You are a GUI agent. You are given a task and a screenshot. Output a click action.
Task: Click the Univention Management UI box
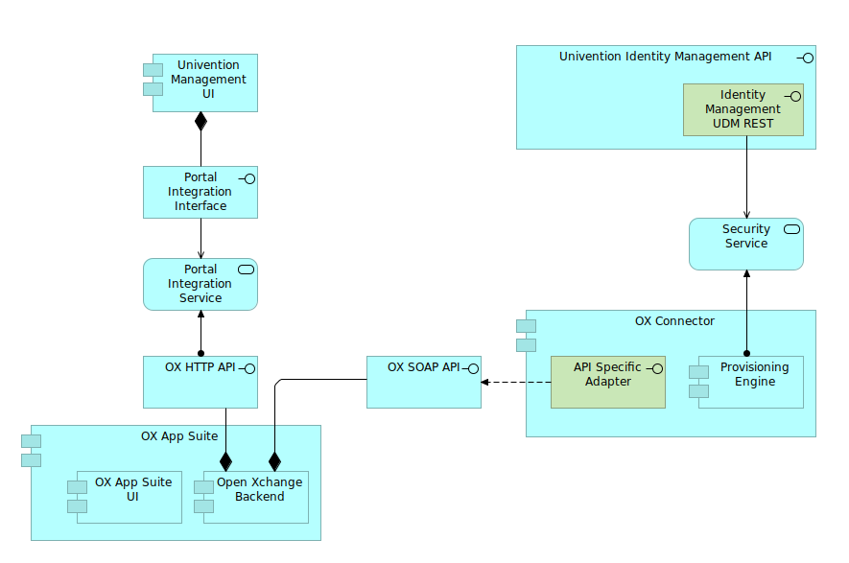tap(205, 82)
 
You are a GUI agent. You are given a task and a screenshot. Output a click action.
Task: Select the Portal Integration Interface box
tap(200, 192)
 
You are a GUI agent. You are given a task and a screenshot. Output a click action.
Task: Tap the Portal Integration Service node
tap(200, 284)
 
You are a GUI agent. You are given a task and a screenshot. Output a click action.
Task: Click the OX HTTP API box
tap(200, 382)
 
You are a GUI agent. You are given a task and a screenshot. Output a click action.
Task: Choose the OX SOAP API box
tap(423, 382)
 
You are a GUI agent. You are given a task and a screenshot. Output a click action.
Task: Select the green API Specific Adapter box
tap(607, 382)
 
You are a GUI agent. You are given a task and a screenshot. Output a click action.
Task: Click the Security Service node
tap(745, 244)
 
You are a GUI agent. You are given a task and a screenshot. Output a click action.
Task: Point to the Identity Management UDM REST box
tap(743, 109)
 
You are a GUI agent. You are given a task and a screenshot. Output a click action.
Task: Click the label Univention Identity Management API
tap(665, 57)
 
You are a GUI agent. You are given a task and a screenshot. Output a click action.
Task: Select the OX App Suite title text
tap(179, 436)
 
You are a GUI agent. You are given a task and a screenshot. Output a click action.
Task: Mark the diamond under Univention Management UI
tap(200, 121)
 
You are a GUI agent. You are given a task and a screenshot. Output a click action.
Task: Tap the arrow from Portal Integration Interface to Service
tap(200, 238)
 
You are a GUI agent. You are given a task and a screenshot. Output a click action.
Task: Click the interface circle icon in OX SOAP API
tap(472, 368)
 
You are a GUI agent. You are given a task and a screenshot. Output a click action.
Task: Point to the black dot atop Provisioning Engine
tap(746, 353)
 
